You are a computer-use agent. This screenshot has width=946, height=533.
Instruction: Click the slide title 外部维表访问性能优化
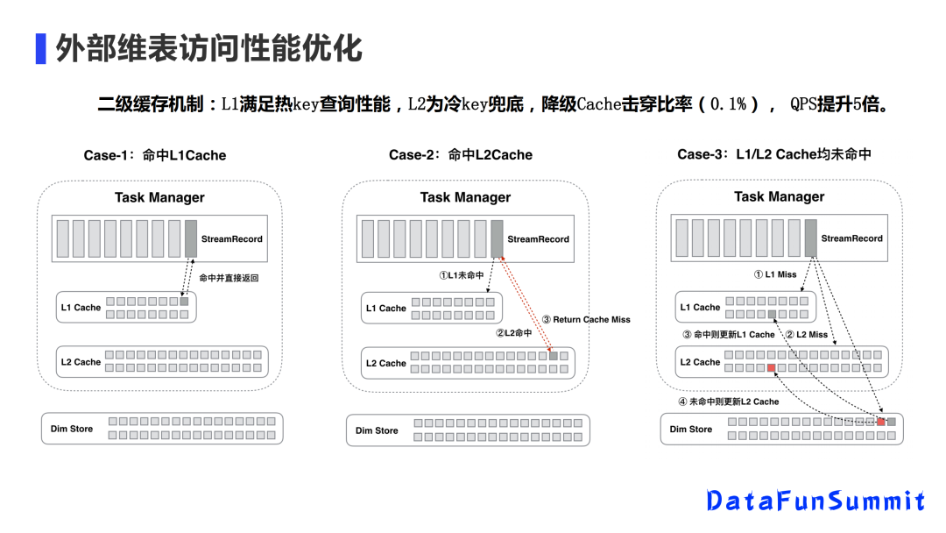coord(208,47)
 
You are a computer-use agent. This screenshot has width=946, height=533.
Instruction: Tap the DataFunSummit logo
coord(815,501)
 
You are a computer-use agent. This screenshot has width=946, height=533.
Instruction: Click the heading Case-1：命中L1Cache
coord(155,155)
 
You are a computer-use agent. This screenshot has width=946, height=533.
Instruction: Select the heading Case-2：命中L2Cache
coord(461,155)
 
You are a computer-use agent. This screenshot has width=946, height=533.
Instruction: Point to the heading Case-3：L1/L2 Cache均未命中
coord(774,154)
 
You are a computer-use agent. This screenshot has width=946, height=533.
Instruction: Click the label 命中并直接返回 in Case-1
coord(229,278)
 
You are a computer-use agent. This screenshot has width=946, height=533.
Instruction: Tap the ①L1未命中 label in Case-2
coord(462,275)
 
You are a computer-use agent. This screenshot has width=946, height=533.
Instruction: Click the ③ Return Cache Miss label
coord(586,319)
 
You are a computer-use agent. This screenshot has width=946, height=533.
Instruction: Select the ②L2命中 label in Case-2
coord(513,333)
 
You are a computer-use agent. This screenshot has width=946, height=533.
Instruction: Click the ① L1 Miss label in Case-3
coord(775,274)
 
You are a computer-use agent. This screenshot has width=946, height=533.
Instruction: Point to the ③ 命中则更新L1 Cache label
coord(729,334)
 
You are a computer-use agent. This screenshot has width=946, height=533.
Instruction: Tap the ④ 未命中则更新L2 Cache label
coord(728,402)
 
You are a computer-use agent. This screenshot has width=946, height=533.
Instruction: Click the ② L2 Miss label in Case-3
coord(806,334)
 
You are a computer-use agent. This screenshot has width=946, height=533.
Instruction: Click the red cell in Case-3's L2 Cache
coord(772,368)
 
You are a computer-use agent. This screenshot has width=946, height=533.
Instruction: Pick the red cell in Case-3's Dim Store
coord(881,422)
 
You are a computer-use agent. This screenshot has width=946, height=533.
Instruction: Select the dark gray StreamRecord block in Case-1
coord(191,238)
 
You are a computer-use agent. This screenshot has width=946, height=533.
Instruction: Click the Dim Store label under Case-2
coord(377,430)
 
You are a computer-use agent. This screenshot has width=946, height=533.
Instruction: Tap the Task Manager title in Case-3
coord(779,196)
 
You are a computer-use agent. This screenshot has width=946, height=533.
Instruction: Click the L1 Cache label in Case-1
coord(81,308)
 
